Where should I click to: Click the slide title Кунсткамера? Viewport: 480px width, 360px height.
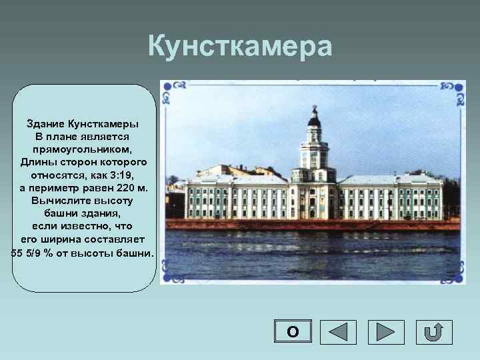click(239, 47)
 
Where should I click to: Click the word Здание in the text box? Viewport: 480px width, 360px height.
click(46, 124)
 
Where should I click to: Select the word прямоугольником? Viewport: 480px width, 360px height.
click(83, 149)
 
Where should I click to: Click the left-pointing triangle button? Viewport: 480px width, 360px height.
click(339, 332)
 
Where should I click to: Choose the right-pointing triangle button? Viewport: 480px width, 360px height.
click(386, 332)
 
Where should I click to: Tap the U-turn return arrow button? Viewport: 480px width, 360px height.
click(434, 332)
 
